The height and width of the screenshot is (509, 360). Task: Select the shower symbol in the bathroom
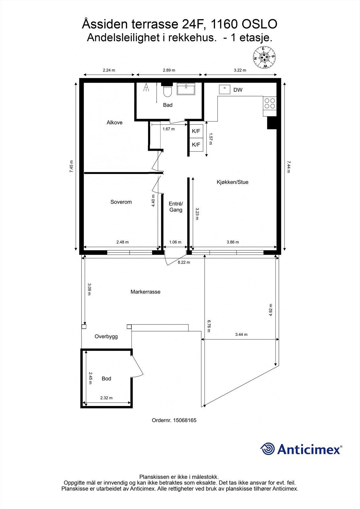[x=146, y=87]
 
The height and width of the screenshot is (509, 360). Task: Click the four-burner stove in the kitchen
[x=270, y=103]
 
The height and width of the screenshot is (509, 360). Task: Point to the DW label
[x=238, y=90]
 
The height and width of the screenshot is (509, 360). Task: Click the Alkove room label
[x=114, y=122]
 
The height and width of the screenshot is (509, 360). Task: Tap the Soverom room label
[x=121, y=202]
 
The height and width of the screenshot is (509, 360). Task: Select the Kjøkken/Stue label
[x=232, y=182]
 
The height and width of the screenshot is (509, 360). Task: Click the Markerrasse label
[x=145, y=292]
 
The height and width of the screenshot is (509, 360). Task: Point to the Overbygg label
[x=106, y=337]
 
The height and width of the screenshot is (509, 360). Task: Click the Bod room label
[x=106, y=379]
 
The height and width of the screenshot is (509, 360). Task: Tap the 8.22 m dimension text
[x=184, y=262]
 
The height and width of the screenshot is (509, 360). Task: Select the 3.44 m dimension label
[x=241, y=334]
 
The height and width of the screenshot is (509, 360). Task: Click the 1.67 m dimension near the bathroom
[x=168, y=129]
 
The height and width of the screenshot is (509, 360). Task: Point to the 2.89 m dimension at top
[x=169, y=70]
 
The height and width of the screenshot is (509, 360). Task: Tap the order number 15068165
[x=185, y=420]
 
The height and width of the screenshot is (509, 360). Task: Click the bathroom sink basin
[x=186, y=89]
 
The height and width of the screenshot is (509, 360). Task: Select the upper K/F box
[x=196, y=131]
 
